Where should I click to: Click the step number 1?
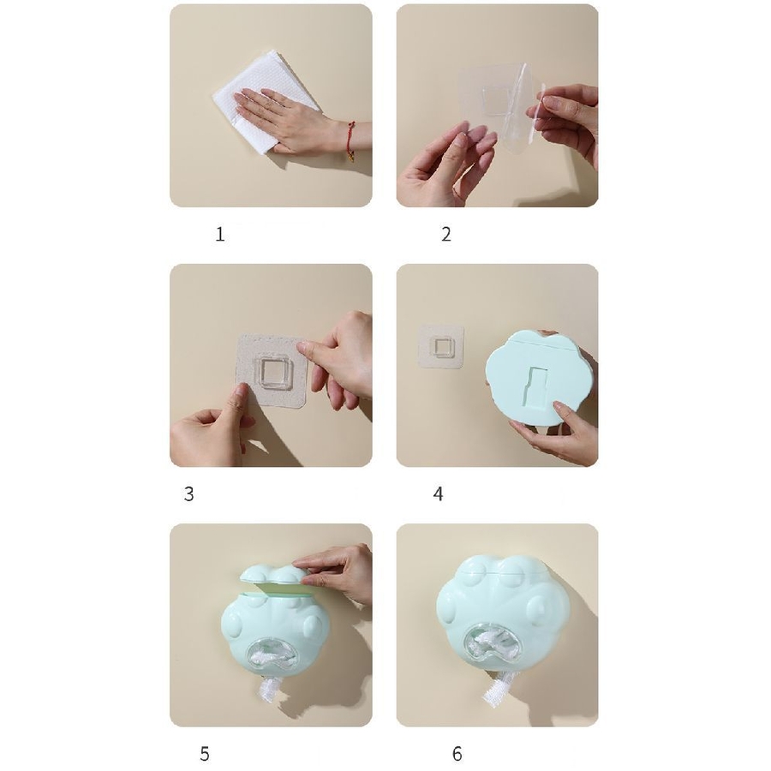pos(220,235)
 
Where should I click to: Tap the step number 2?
pos(446,235)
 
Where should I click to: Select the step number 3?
pos(188,494)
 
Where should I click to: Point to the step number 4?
pos(438,494)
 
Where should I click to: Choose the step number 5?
pos(205,754)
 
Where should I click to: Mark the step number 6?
pos(457,754)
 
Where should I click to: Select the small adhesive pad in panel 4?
pos(441,346)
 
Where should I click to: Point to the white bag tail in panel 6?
pos(497,689)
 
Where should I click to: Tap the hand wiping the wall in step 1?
pos(290,118)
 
